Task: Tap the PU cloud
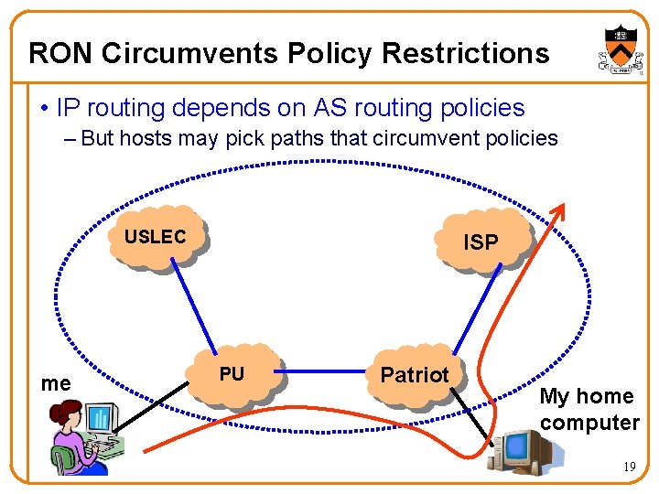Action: click(234, 374)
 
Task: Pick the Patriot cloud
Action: click(416, 375)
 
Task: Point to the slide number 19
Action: click(630, 467)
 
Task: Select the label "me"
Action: click(56, 383)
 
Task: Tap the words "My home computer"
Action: click(589, 409)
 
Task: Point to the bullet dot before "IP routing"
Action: click(44, 109)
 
